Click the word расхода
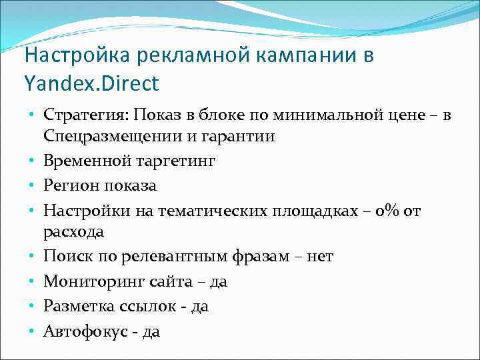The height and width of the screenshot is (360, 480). pos(74,232)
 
